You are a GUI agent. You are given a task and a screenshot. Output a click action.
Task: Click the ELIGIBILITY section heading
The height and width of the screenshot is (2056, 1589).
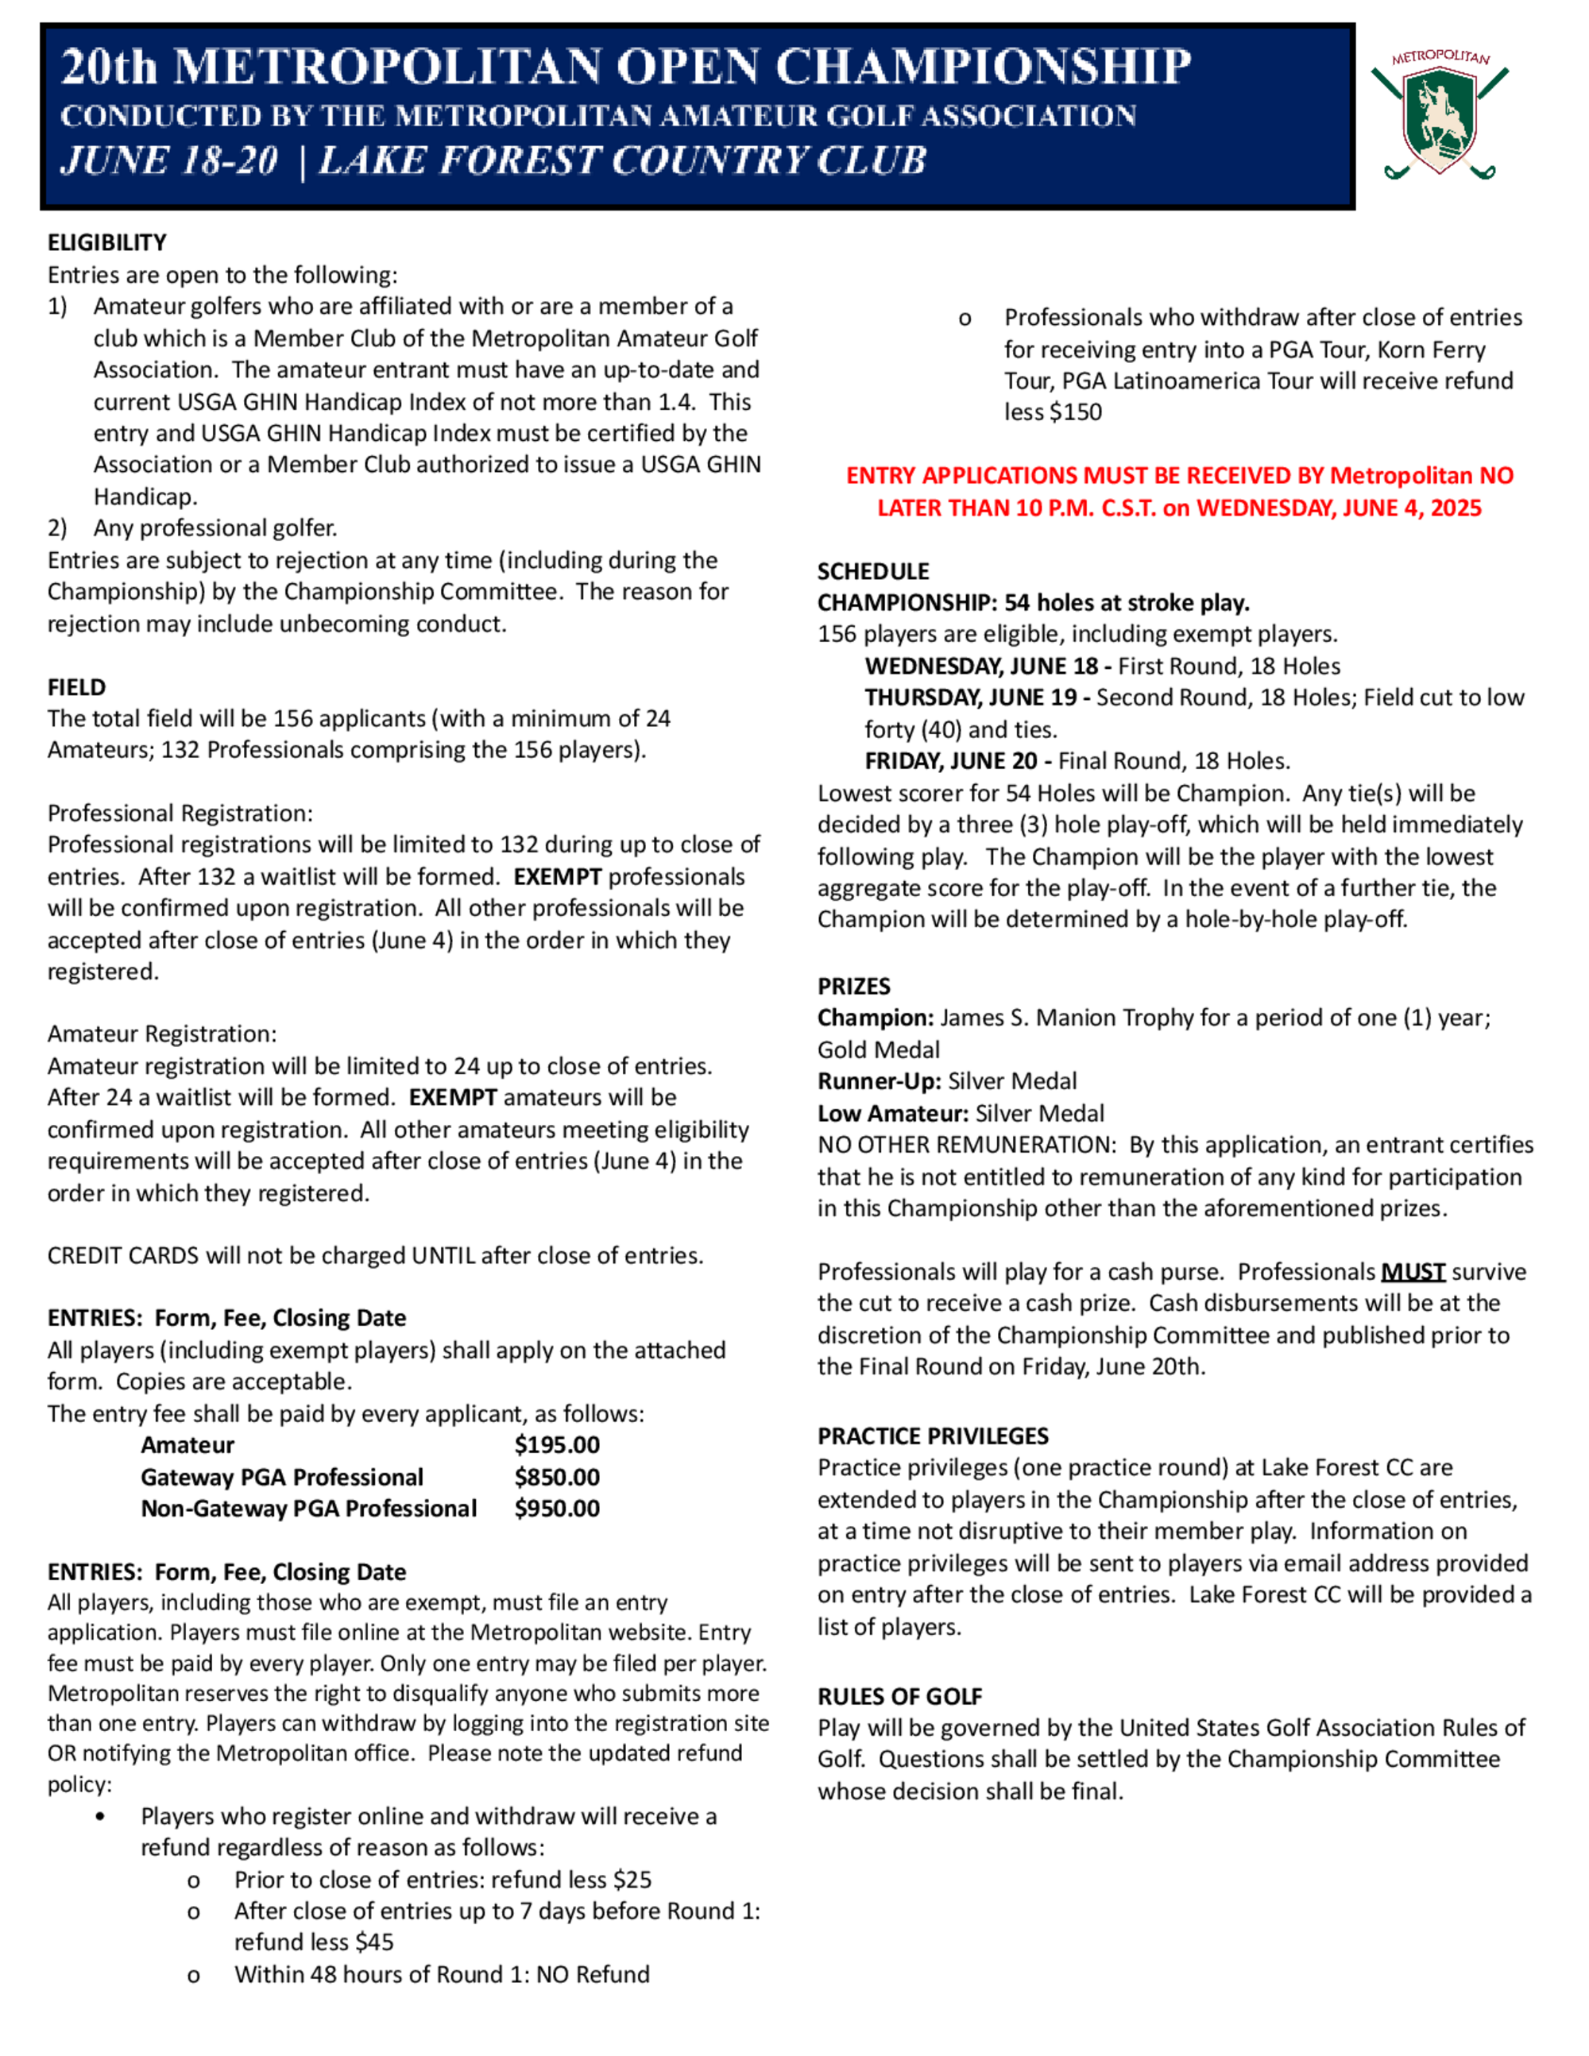[x=106, y=243]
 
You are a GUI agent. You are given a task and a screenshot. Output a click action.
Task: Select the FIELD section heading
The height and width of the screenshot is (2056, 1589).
[x=76, y=687]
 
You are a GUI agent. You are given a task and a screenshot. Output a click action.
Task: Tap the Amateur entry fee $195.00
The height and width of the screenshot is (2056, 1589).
[x=556, y=1445]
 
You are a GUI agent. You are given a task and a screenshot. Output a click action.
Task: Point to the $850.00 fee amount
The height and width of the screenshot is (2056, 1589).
[x=556, y=1477]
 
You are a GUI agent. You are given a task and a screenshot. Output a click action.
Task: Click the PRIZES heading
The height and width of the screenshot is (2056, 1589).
[x=852, y=987]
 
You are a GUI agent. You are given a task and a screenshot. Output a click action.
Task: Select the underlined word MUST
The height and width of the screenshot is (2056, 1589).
[x=1412, y=1272]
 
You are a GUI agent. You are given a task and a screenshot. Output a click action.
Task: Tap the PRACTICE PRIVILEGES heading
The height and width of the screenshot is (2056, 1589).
[x=932, y=1436]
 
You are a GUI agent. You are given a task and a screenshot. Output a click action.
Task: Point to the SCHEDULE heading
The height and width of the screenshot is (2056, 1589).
[x=872, y=571]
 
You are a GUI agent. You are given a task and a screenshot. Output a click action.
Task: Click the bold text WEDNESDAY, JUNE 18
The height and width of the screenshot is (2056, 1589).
[x=981, y=667]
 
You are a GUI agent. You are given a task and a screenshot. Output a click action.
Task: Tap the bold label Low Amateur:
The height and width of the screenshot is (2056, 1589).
[x=892, y=1114]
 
